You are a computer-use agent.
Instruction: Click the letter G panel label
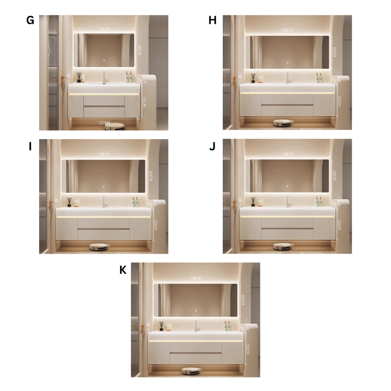30,21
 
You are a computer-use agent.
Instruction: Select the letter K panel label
123,269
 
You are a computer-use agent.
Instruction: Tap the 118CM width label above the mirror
104,29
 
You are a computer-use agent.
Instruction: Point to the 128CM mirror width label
287,30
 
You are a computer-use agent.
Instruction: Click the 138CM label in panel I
104,154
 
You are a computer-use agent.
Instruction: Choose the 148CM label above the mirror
287,154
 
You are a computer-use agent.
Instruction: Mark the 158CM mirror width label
195,278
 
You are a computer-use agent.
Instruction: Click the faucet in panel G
104,77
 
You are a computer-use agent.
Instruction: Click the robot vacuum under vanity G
115,126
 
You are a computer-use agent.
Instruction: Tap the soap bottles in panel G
129,77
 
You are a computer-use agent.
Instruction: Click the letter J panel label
212,146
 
